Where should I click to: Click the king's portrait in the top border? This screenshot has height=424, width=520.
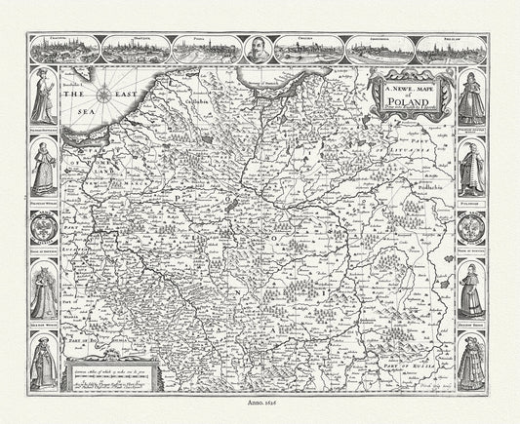(260, 47)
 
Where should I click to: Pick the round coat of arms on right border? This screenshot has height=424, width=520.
(471, 229)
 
